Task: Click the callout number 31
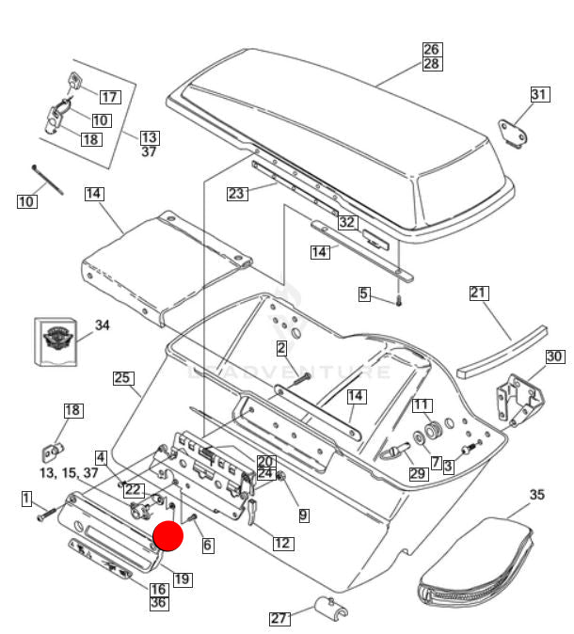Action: pyautogui.click(x=538, y=94)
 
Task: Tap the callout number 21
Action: pyautogui.click(x=480, y=293)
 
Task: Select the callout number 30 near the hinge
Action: pyautogui.click(x=554, y=357)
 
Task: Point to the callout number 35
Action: pyautogui.click(x=536, y=494)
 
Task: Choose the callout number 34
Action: pyautogui.click(x=102, y=325)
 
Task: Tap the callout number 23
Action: pyautogui.click(x=236, y=194)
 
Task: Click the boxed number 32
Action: pyautogui.click(x=347, y=223)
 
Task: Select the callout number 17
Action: pyautogui.click(x=110, y=96)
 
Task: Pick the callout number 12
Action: pyautogui.click(x=282, y=543)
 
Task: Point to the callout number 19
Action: pyautogui.click(x=182, y=579)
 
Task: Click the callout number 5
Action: pyautogui.click(x=364, y=294)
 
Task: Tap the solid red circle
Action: pyautogui.click(x=168, y=537)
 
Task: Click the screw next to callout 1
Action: pyautogui.click(x=45, y=515)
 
